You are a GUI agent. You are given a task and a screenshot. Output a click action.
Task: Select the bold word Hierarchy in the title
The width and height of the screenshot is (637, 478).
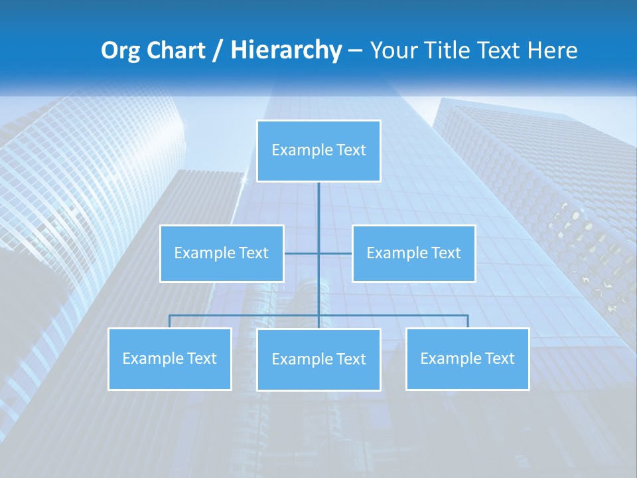pyautogui.click(x=286, y=50)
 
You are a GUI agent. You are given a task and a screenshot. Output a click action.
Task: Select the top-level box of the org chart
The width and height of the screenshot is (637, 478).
pyautogui.click(x=318, y=151)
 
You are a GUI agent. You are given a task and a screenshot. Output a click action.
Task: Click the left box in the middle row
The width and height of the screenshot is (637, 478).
pyautogui.click(x=222, y=253)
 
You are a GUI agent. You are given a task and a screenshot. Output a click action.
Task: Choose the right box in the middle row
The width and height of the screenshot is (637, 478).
pyautogui.click(x=413, y=253)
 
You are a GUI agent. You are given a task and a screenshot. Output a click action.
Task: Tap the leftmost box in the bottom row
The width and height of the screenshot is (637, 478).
pyautogui.click(x=170, y=358)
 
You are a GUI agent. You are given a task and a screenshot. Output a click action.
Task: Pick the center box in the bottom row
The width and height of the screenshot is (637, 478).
pyautogui.click(x=318, y=359)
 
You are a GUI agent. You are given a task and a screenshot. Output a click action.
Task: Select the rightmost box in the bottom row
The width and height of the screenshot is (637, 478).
pyautogui.click(x=468, y=358)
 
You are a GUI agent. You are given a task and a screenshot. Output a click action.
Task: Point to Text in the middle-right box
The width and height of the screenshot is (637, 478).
pyautogui.click(x=445, y=253)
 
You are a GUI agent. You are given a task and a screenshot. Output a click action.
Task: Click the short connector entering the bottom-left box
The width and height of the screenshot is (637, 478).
pyautogui.click(x=170, y=321)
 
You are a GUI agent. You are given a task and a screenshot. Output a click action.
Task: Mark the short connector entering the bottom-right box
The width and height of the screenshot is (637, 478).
pyautogui.click(x=468, y=321)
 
